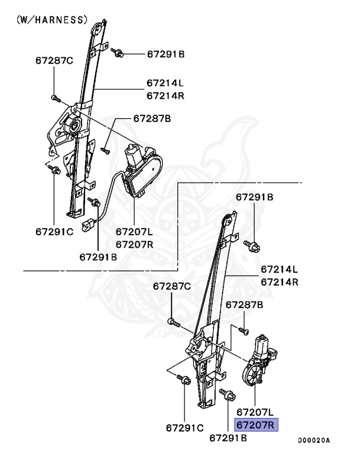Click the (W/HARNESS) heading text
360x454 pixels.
(x=51, y=20)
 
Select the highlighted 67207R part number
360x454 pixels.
(x=255, y=424)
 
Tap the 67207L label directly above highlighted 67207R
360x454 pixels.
(x=255, y=411)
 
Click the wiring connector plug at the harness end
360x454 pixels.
(x=90, y=225)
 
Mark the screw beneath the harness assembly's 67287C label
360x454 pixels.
(x=54, y=98)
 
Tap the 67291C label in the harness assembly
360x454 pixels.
(x=54, y=232)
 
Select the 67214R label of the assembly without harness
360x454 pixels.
(x=280, y=282)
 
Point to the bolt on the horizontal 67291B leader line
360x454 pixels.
(x=118, y=53)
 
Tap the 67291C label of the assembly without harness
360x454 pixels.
(x=184, y=427)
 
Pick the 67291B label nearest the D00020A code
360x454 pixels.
(x=229, y=438)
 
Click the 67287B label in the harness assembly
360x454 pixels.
(x=152, y=118)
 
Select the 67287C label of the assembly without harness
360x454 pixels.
(x=172, y=286)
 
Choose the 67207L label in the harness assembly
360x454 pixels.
(x=134, y=232)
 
